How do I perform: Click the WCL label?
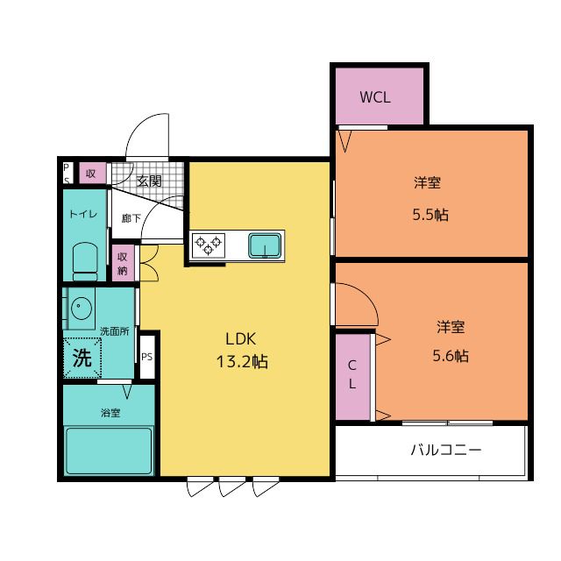pyautogui.click(x=375, y=97)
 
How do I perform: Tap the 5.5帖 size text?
pyautogui.click(x=430, y=215)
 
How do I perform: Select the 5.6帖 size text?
pyautogui.click(x=451, y=356)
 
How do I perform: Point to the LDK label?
pyautogui.click(x=241, y=339)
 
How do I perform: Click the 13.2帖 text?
pyautogui.click(x=242, y=361)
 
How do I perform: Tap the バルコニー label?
pyautogui.click(x=446, y=450)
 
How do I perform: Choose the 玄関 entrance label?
pyautogui.click(x=149, y=181)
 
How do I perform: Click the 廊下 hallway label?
pyautogui.click(x=131, y=218)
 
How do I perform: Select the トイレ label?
pyautogui.click(x=83, y=214)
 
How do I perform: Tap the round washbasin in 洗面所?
pyautogui.click(x=82, y=308)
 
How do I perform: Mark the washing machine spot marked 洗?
pyautogui.click(x=82, y=358)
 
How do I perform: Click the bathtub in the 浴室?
pyautogui.click(x=109, y=451)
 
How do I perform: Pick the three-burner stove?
pyautogui.click(x=209, y=245)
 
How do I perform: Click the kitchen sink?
pyautogui.click(x=265, y=245)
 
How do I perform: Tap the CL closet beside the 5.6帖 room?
pyautogui.click(x=352, y=376)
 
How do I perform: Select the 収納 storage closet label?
pyautogui.click(x=123, y=263)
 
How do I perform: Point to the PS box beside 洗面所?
pyautogui.click(x=146, y=357)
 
